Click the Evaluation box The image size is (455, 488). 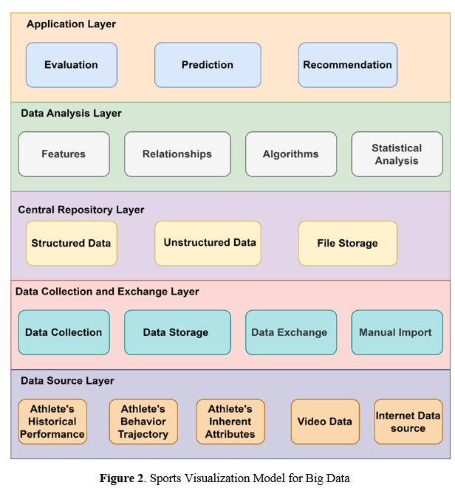point(71,65)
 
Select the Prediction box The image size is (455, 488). point(208,65)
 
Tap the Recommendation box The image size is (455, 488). point(347,65)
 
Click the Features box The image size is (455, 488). point(64,154)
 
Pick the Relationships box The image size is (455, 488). point(177,154)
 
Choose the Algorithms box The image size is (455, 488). point(291,154)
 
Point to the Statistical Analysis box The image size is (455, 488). point(397,154)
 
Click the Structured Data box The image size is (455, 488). point(71,244)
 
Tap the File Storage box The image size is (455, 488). point(347,244)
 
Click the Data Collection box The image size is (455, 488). point(64,332)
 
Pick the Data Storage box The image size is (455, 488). point(176,332)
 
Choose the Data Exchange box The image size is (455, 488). point(290,332)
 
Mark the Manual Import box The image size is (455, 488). point(396,332)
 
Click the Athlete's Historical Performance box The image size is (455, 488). point(52,422)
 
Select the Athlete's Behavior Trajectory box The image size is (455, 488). point(143,422)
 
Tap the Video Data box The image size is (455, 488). point(325,422)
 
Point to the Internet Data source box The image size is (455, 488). point(408,422)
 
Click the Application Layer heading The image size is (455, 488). point(71,24)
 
